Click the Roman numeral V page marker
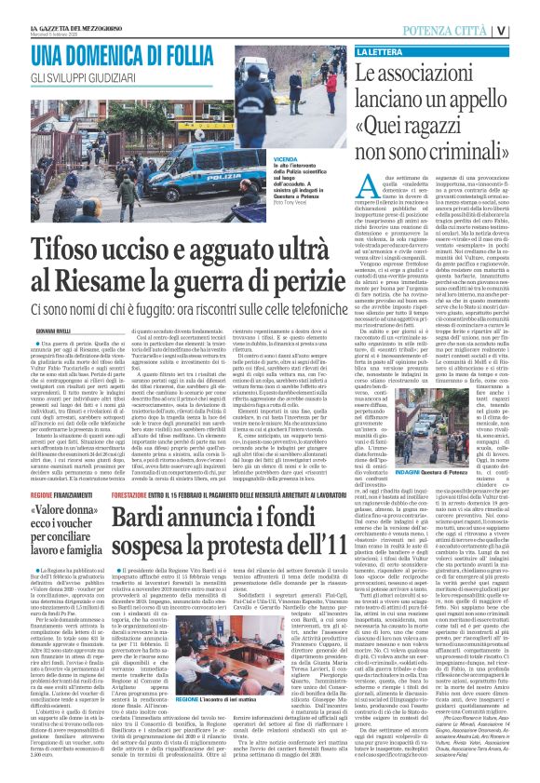point(527,31)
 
